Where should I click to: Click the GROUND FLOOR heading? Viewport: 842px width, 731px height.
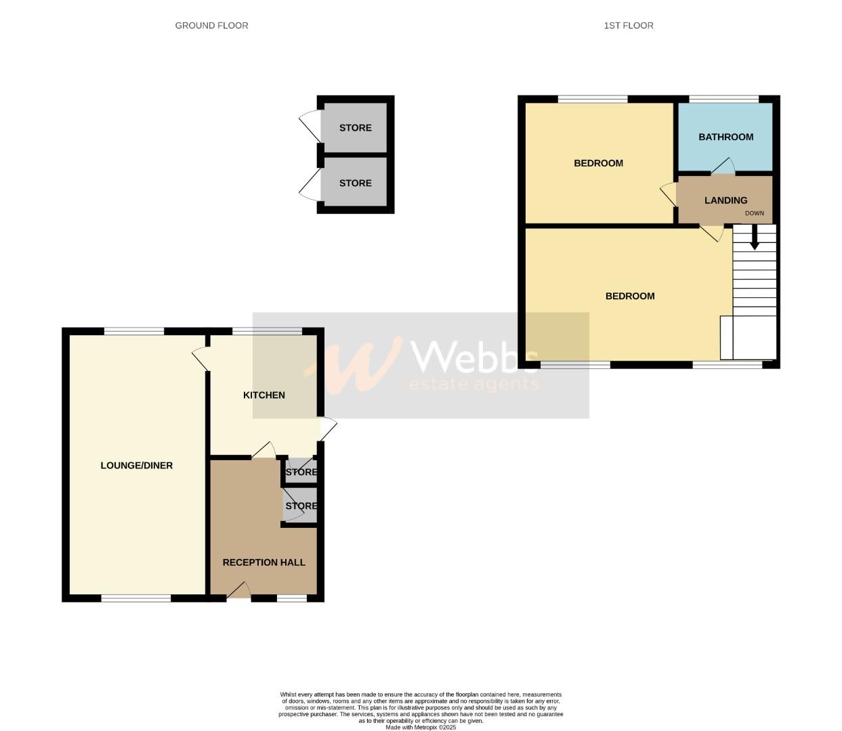click(x=211, y=26)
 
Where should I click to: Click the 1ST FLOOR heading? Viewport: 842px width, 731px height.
click(x=629, y=26)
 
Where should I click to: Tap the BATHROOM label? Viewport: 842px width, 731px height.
click(x=725, y=137)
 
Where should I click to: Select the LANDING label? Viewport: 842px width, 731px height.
click(x=725, y=200)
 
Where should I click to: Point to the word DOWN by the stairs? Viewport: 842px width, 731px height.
click(x=754, y=213)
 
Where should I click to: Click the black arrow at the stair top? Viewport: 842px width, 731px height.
click(x=754, y=238)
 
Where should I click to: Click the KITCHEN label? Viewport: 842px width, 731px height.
click(x=264, y=395)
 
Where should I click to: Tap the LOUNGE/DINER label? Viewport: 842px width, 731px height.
click(x=136, y=466)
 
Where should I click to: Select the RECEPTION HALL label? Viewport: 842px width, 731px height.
click(x=264, y=562)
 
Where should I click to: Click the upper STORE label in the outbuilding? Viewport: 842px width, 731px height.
click(x=355, y=128)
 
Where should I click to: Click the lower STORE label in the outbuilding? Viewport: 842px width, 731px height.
click(x=355, y=183)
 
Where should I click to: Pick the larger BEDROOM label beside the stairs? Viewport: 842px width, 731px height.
click(x=629, y=296)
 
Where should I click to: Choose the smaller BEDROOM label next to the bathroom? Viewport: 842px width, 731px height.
click(x=598, y=163)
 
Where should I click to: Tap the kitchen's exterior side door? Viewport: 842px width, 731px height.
click(x=328, y=429)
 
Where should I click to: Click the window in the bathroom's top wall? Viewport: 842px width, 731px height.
click(x=723, y=99)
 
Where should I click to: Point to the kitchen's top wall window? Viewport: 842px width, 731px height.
click(x=267, y=331)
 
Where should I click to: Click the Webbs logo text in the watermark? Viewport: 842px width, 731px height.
click(x=474, y=357)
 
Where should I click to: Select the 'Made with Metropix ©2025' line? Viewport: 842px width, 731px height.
click(x=421, y=728)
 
